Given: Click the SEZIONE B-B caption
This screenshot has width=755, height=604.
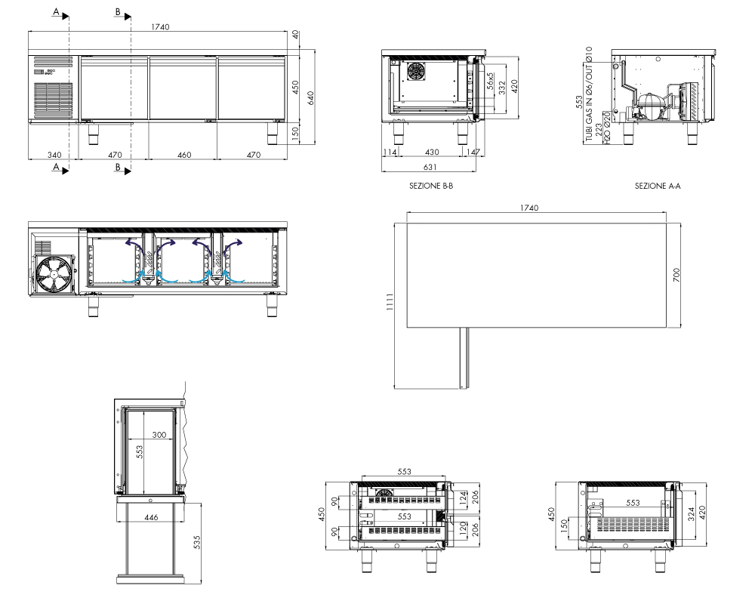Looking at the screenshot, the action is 431,186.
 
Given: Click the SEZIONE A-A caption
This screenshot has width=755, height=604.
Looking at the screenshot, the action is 658,186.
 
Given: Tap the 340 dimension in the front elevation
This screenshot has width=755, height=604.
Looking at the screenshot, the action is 54,155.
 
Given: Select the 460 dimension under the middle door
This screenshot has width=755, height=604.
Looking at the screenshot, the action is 184,155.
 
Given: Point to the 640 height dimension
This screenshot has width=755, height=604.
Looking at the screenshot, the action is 310,98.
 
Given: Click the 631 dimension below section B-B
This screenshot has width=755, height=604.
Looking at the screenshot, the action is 430,167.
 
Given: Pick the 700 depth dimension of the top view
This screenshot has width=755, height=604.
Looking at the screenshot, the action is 676,275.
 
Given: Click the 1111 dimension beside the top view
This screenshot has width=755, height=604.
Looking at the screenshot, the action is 390,301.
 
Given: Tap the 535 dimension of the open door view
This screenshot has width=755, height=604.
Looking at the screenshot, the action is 196,542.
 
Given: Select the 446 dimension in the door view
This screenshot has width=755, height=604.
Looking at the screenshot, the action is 151,517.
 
